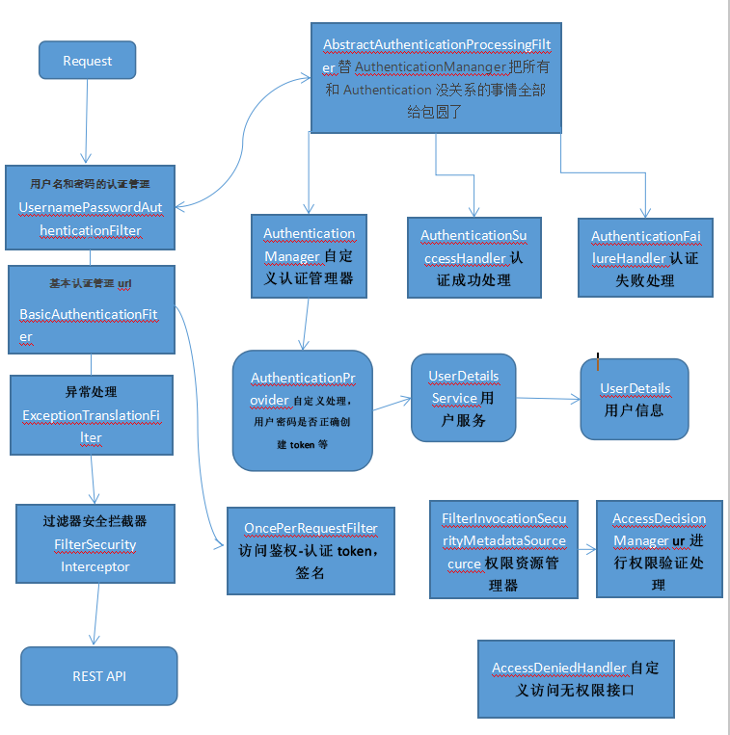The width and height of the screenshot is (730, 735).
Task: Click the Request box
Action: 87,61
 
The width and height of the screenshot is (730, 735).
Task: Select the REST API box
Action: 99,676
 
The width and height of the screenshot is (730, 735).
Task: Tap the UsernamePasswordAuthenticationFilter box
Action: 90,207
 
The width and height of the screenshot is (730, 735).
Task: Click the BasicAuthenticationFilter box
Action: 91,309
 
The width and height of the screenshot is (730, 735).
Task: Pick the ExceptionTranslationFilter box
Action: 91,415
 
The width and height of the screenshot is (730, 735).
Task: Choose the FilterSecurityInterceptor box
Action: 95,543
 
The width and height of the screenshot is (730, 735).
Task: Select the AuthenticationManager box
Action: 309,255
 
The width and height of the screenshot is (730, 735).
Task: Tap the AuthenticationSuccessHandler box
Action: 473,257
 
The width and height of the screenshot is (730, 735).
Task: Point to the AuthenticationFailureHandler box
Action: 644,257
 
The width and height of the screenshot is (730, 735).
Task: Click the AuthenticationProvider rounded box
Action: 302,410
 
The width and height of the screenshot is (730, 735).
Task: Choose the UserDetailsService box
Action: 463,397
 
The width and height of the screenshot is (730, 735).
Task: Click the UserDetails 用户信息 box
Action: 634,399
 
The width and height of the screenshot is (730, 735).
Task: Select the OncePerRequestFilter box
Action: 310,550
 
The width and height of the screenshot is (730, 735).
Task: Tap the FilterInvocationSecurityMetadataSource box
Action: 503,550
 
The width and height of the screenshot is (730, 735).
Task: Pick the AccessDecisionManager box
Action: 659,550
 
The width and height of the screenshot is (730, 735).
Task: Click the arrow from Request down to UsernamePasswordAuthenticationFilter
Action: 87,120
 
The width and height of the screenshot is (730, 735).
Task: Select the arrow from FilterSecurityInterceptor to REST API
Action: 95,614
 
